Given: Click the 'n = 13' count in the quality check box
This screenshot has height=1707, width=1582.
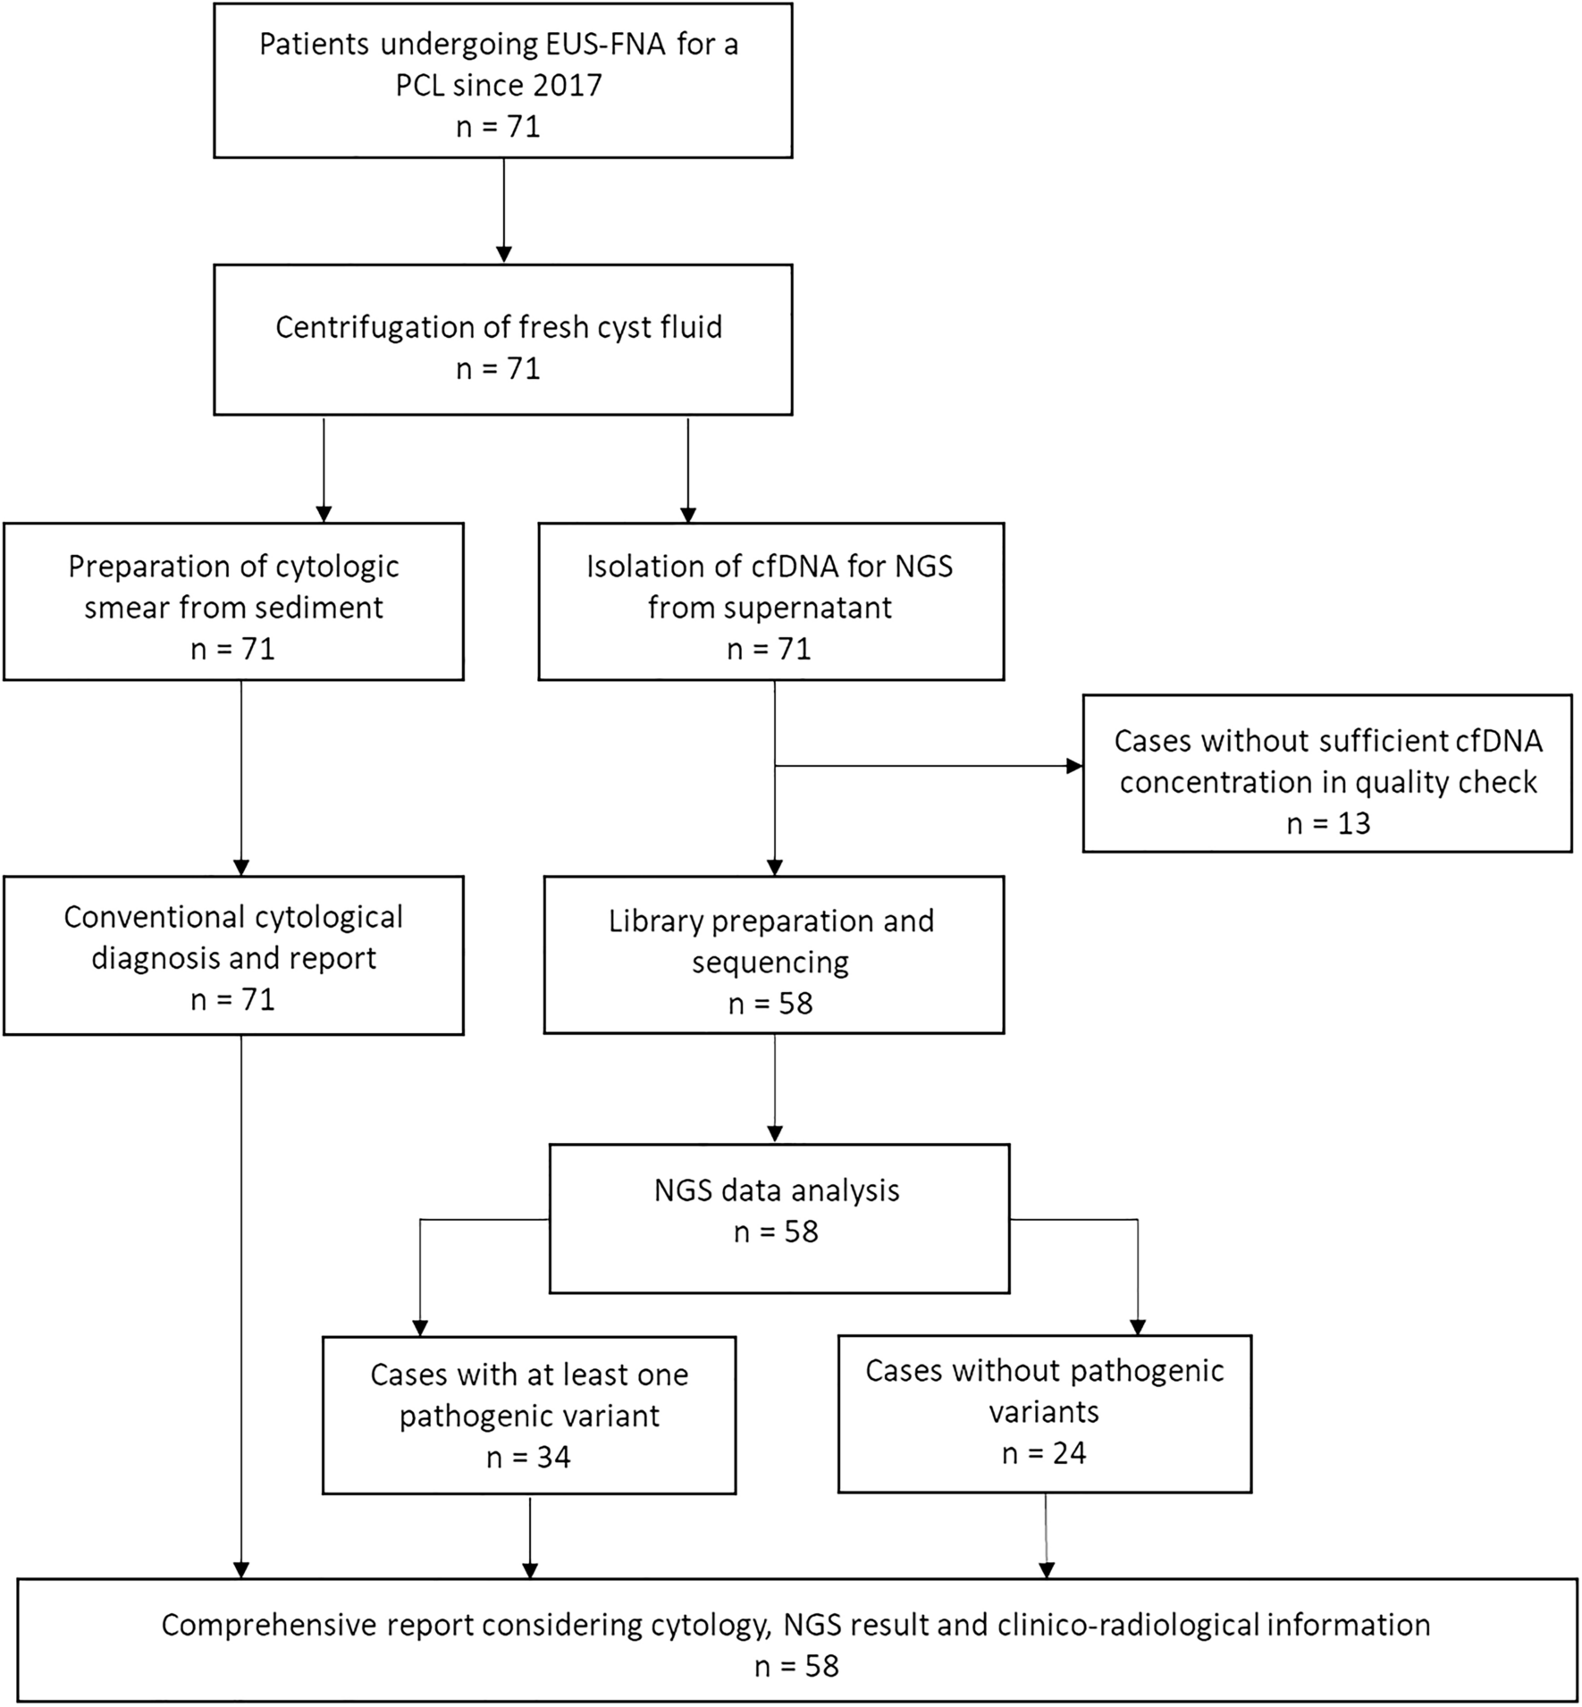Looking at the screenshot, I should [x=1327, y=823].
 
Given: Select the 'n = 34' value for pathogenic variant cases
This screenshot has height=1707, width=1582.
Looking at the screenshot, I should [x=528, y=1458].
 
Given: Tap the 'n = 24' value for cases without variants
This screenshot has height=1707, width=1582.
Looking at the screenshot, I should [x=1044, y=1453].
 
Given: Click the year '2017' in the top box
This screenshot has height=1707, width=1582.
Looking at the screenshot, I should [x=567, y=86].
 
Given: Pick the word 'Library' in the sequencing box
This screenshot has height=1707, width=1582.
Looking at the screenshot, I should [x=655, y=921].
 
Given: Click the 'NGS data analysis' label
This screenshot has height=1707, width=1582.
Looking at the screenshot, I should [x=776, y=1190].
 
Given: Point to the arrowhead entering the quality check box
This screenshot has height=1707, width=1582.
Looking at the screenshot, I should [x=1074, y=766].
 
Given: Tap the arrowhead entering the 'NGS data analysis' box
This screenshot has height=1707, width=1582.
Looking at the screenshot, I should [x=774, y=1134].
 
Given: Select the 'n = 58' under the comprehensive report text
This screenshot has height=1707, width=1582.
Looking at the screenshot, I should [x=796, y=1666].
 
